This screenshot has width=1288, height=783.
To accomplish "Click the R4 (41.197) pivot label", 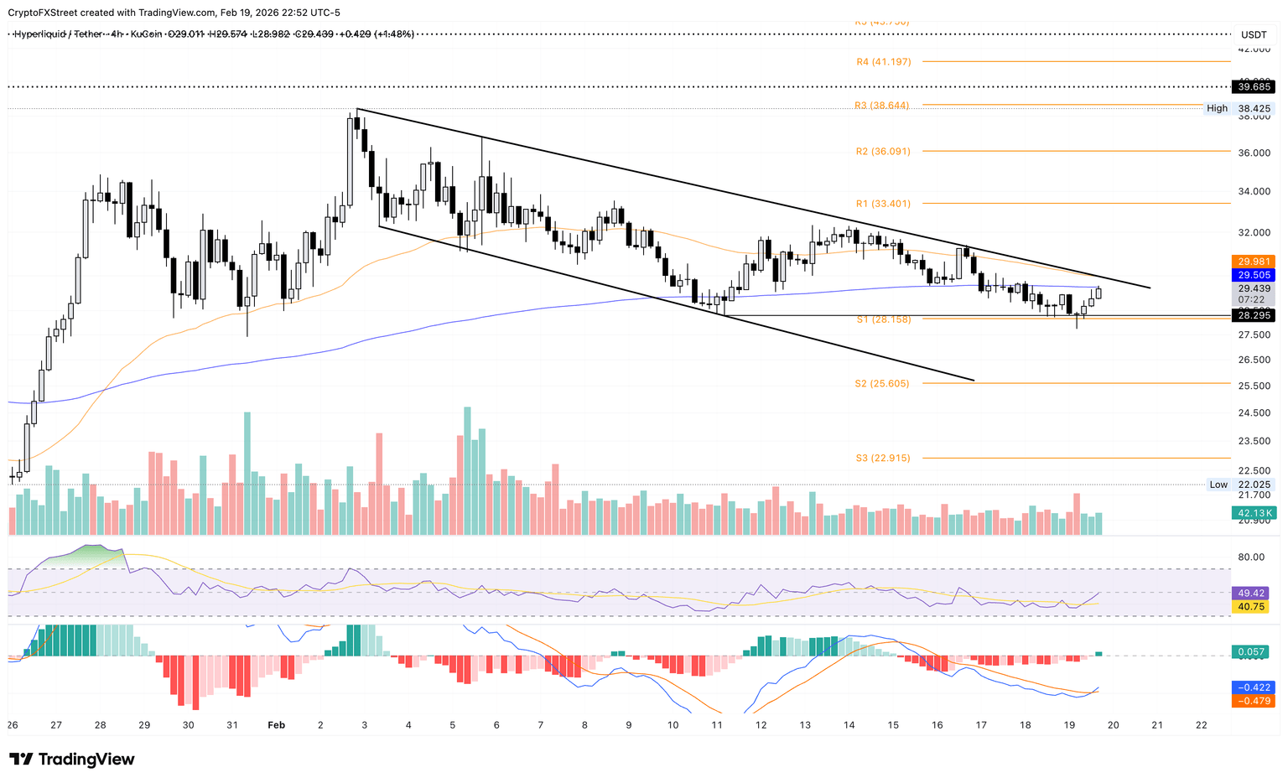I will (883, 62).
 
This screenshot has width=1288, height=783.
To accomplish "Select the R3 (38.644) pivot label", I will (881, 106).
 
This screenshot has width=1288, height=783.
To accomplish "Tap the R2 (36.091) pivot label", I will (883, 152).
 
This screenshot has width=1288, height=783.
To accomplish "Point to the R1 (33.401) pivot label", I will (883, 204).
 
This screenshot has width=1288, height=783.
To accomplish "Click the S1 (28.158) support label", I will (883, 319).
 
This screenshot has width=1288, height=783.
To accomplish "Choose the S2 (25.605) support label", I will (882, 384).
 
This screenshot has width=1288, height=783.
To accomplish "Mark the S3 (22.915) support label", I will (883, 459).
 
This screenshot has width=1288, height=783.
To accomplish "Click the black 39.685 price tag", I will (1254, 87).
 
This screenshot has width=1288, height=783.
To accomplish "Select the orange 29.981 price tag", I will (1254, 262).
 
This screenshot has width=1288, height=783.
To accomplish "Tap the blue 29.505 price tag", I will (1254, 275).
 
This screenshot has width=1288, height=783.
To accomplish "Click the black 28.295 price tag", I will (1254, 315).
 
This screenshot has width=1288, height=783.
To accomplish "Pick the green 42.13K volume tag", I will (1254, 513).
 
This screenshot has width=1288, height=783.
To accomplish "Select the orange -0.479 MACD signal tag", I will (1253, 701).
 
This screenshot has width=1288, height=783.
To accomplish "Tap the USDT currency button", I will (1254, 34).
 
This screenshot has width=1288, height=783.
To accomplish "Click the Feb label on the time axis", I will (277, 725).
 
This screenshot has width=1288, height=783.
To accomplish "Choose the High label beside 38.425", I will (1217, 109).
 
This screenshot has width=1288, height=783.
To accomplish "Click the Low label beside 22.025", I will (1218, 485).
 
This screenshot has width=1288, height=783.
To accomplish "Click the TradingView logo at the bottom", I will (72, 760).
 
